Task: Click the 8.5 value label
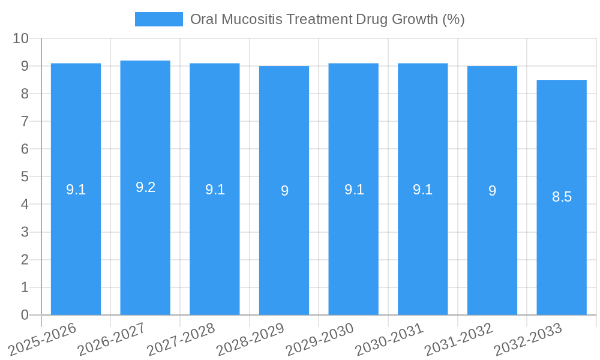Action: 562,197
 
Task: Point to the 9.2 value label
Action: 145,187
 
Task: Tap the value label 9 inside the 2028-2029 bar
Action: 284,191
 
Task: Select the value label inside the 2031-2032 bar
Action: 492,191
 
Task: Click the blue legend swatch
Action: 159,19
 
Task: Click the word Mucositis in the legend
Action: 250,19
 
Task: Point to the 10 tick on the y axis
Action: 21,38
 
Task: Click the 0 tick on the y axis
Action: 25,315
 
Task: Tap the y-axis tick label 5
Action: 25,177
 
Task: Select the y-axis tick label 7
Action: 25,121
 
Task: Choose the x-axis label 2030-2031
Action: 389,340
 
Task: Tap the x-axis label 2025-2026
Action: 43,340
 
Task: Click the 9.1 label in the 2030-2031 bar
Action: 422,190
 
